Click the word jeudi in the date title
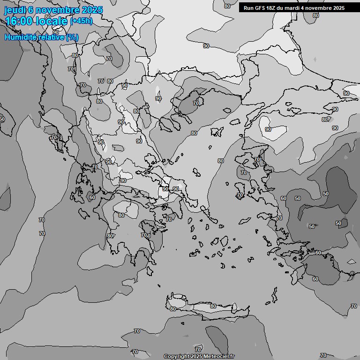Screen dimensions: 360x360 point(14,10)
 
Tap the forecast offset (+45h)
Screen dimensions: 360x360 point(81,21)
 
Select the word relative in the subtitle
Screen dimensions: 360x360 point(52,37)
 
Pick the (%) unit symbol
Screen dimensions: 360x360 point(72,37)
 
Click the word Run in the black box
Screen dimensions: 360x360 point(248,8)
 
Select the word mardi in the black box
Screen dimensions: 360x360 point(295,8)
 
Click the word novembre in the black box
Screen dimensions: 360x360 point(321,8)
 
